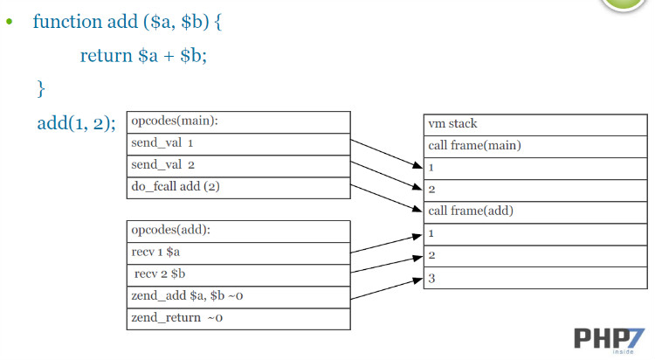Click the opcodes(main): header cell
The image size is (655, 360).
[x=238, y=121]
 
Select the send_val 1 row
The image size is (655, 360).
[x=238, y=143]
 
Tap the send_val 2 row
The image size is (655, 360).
[x=238, y=165]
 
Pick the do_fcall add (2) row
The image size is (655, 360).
[x=238, y=187]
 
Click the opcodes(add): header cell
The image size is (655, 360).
[x=238, y=231]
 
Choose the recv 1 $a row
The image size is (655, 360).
[x=238, y=253]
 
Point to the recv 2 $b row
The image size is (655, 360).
[x=238, y=274]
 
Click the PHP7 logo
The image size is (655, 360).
[x=610, y=339]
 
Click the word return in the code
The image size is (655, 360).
[x=107, y=56]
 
